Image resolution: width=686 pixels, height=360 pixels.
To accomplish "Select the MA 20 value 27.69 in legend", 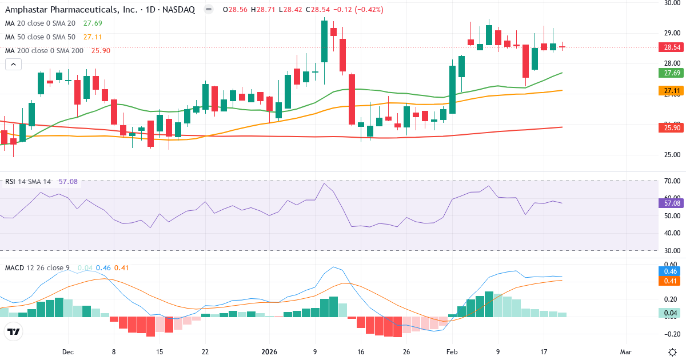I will [x=93, y=23].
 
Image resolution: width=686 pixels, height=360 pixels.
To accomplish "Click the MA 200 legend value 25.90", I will [x=101, y=51].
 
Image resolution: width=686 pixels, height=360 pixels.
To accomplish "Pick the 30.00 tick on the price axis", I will [x=672, y=3].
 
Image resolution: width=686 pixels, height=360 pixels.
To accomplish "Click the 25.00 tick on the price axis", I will [x=672, y=155].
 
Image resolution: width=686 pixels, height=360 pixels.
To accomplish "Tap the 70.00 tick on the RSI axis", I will [x=672, y=181].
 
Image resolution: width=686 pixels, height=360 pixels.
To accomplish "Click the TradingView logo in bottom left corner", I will [x=14, y=331].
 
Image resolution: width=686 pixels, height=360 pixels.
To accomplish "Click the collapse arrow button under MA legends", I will [x=13, y=65].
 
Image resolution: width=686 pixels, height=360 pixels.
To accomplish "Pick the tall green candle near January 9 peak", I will [x=324, y=41].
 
